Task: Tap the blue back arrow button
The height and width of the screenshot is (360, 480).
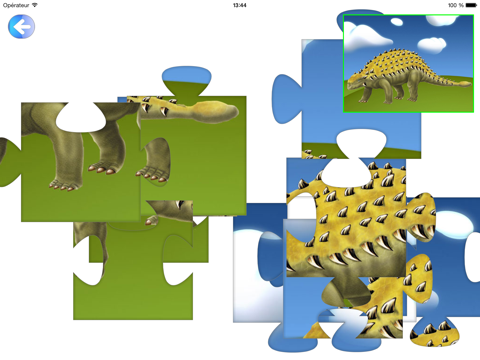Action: tap(21, 27)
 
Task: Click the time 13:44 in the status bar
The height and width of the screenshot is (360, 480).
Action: tap(239, 5)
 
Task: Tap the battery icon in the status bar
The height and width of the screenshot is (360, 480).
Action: tap(468, 5)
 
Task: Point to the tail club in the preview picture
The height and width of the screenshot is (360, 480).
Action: tap(462, 77)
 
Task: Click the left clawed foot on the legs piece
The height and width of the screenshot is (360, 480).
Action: tap(64, 181)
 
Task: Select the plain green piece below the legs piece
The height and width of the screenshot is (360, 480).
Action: tap(130, 285)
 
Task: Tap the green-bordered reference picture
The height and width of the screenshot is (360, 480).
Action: tap(408, 62)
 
